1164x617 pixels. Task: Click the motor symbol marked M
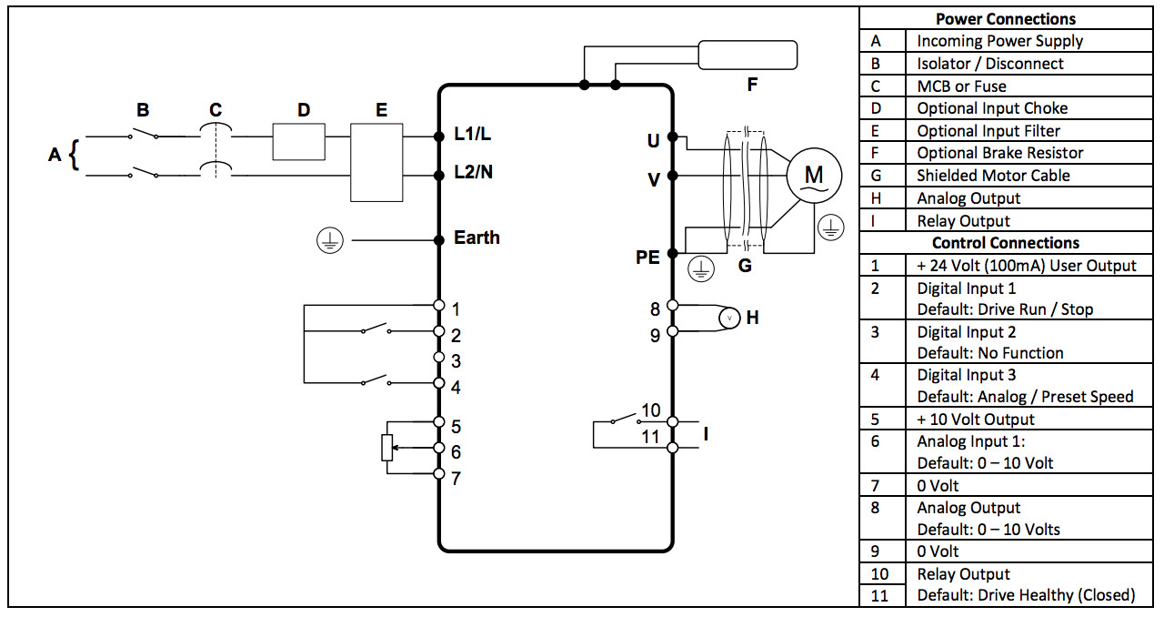814,176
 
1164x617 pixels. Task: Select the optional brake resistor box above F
748,56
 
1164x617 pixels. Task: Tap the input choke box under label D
299,141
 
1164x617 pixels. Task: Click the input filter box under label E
376,162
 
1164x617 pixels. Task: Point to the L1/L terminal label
472,134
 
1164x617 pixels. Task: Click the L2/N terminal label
474,172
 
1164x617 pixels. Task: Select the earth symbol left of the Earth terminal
330,241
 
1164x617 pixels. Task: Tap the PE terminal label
647,257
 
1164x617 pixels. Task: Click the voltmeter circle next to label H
729,318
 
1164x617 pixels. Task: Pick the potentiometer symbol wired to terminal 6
387,448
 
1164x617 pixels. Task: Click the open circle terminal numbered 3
439,358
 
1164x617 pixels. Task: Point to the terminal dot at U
672,137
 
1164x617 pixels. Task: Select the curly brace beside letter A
75,155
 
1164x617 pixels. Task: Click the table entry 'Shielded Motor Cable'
993,176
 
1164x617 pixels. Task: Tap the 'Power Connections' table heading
1006,19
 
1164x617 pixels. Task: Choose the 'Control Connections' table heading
1006,243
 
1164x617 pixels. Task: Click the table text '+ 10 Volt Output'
976,420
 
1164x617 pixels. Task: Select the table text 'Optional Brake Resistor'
999,153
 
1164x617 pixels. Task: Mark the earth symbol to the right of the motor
831,228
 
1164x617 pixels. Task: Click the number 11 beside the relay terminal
650,437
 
